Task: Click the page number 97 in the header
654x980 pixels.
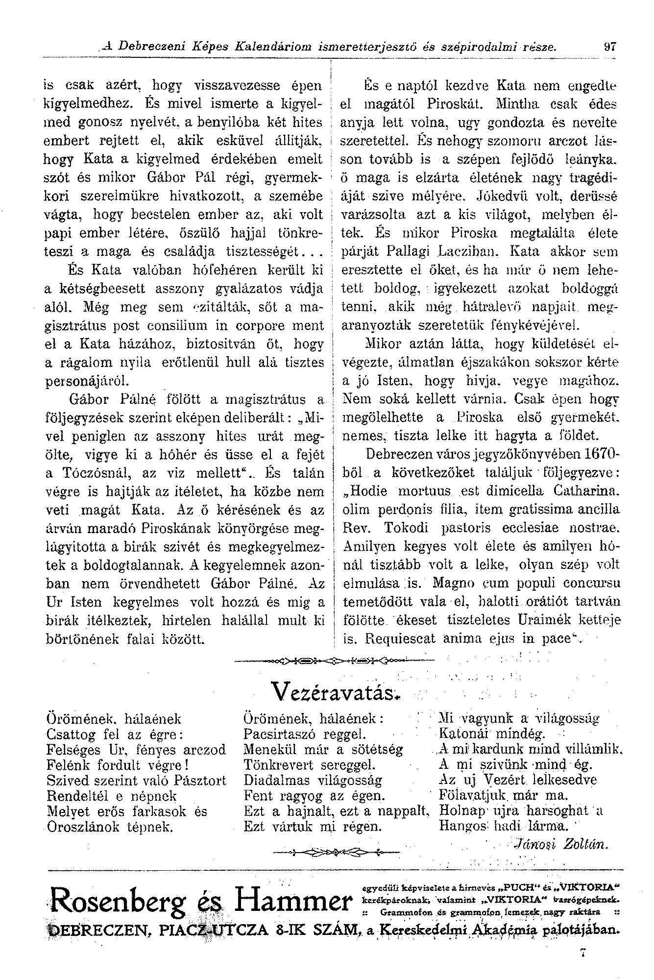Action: (x=609, y=48)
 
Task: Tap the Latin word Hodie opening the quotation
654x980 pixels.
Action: (x=365, y=491)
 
